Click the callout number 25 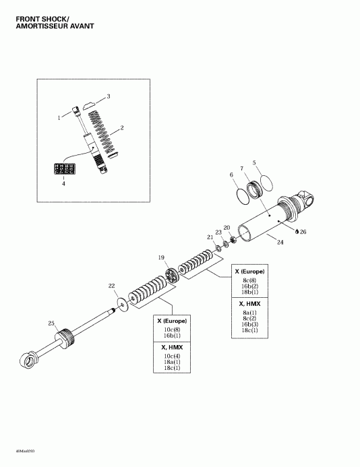click(x=51, y=324)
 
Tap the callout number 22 click(x=111, y=286)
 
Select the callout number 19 click(x=161, y=257)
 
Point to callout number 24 click(x=280, y=242)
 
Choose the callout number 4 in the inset click(x=64, y=183)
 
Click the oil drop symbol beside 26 click(x=296, y=231)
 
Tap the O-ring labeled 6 click(x=241, y=195)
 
